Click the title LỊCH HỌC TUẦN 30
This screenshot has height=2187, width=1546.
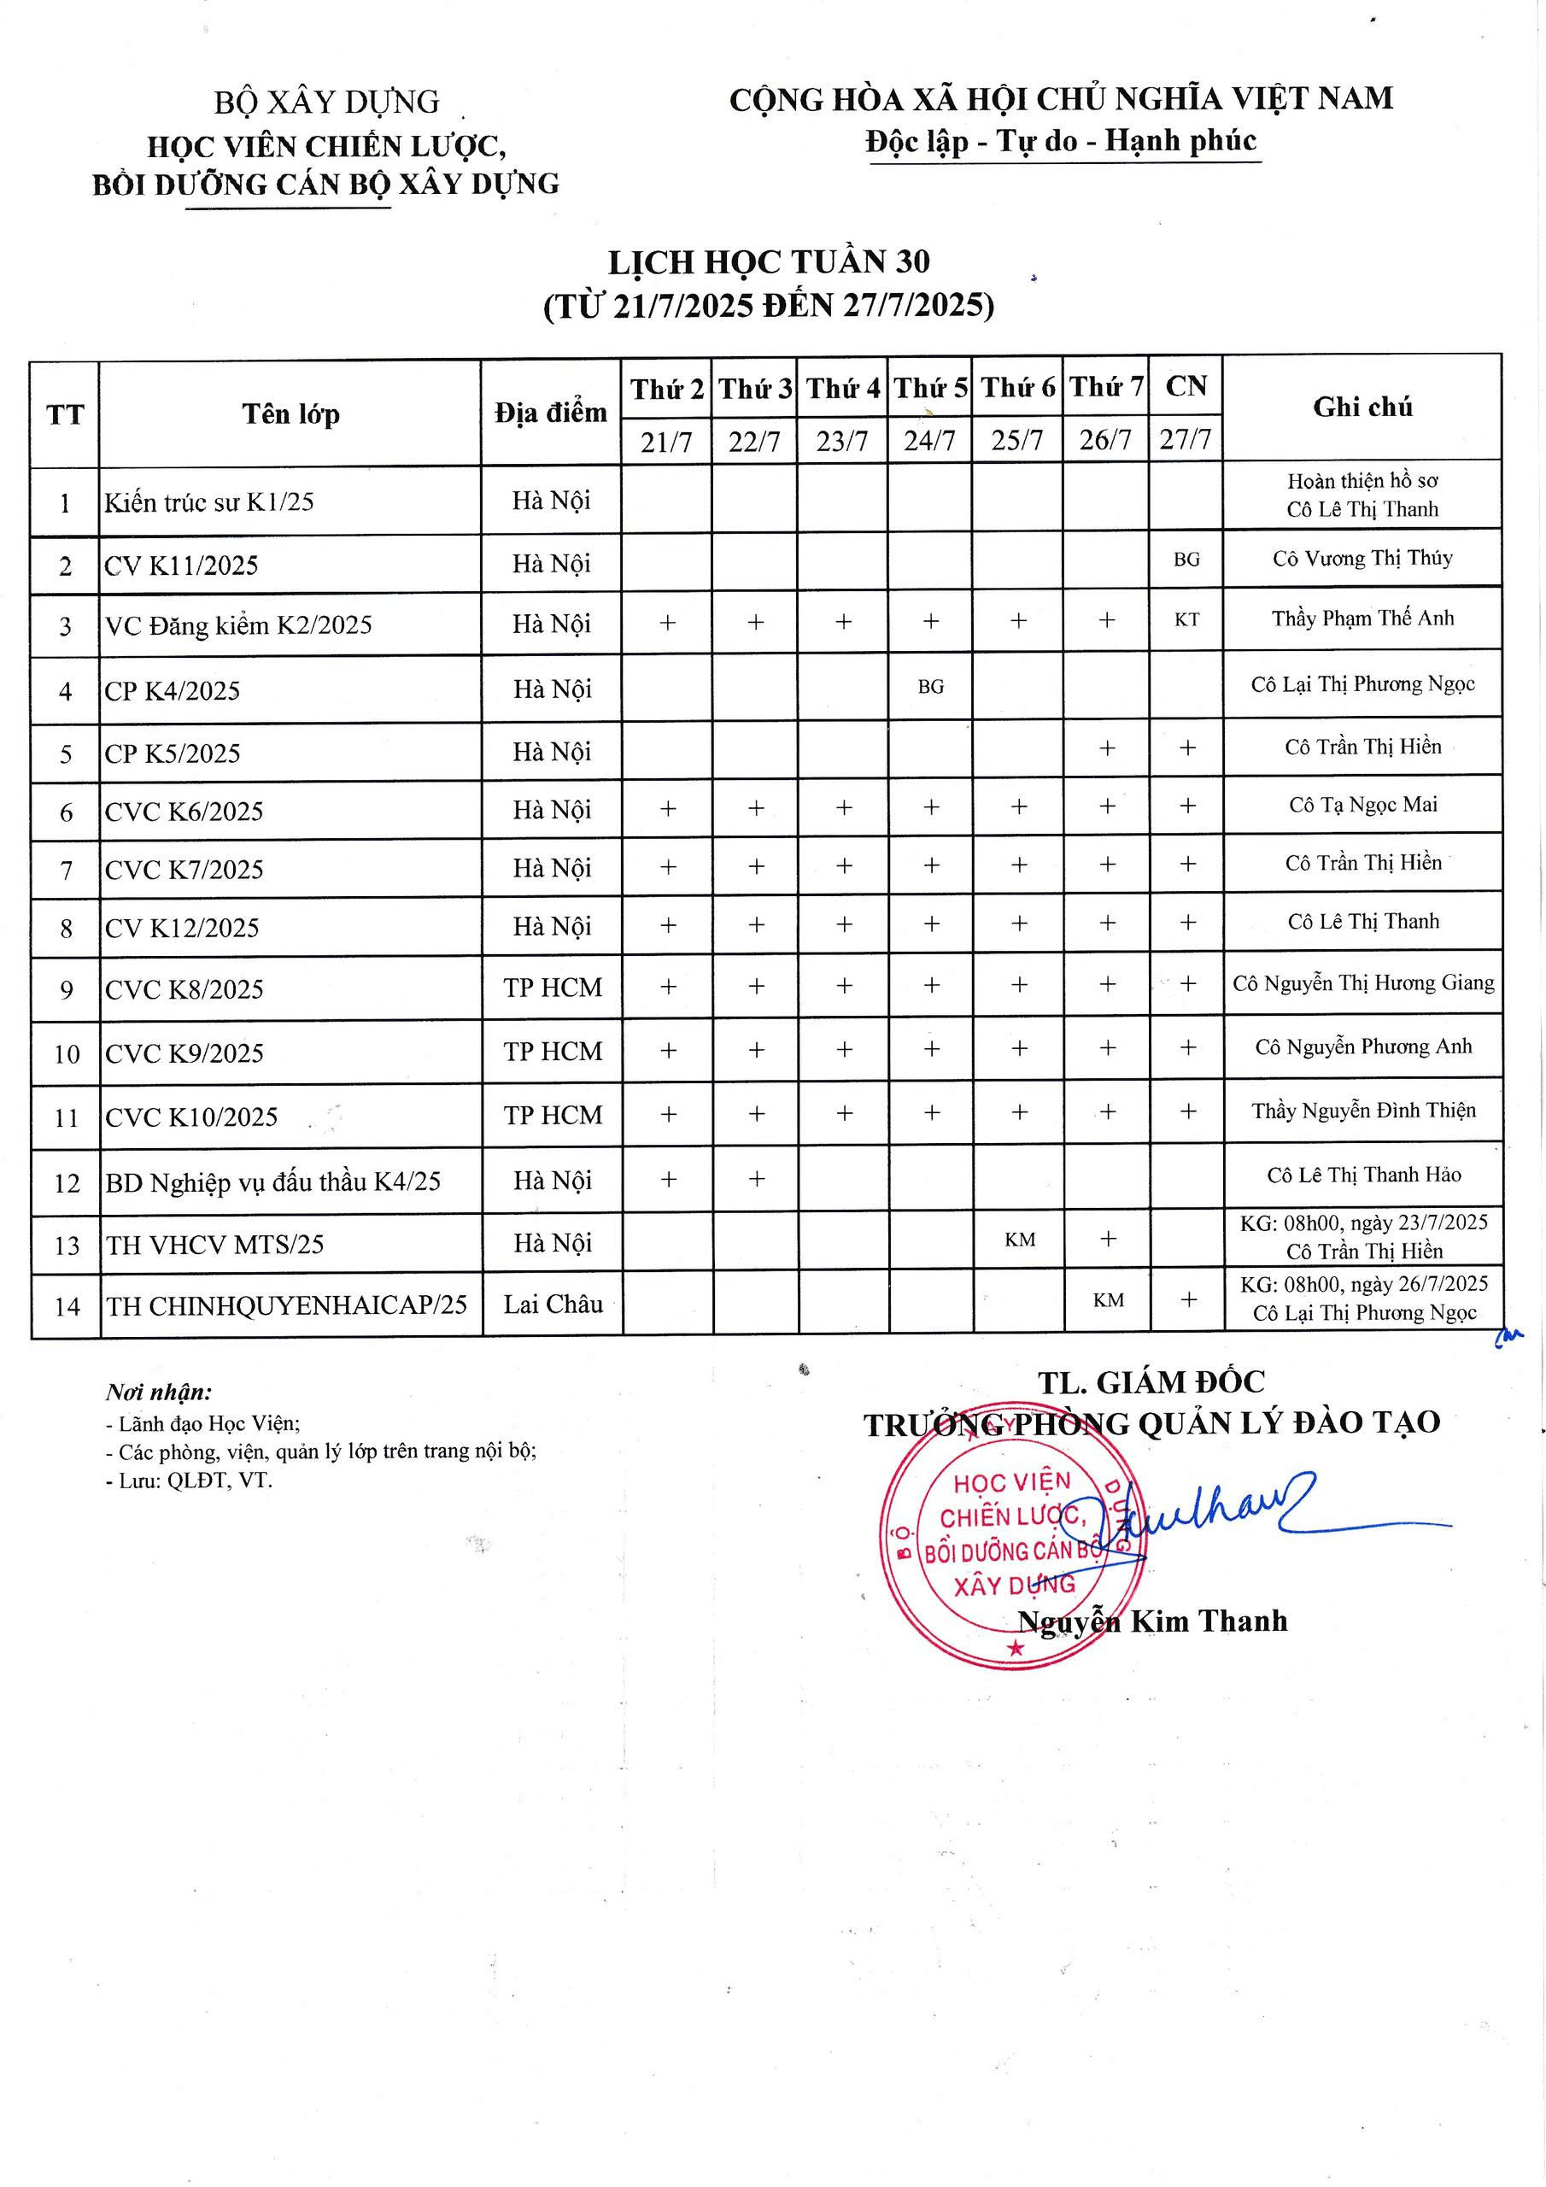(x=770, y=262)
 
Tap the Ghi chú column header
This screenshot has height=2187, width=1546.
(x=1362, y=407)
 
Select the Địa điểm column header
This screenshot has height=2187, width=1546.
(x=551, y=413)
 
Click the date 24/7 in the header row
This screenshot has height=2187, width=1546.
(x=929, y=441)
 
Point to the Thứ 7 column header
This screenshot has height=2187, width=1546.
(x=1106, y=388)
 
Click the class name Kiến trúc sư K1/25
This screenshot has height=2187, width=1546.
(x=209, y=502)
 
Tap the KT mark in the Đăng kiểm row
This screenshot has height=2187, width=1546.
(x=1186, y=620)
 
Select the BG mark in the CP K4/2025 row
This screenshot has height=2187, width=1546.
(x=931, y=687)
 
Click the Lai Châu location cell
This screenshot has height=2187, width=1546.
(x=553, y=1304)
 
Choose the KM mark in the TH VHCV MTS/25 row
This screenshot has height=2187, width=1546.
(x=1019, y=1240)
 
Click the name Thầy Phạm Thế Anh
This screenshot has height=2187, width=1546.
(x=1362, y=619)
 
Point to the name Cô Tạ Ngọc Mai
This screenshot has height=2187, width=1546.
(x=1362, y=805)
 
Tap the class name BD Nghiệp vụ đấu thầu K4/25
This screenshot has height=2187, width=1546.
(x=273, y=1182)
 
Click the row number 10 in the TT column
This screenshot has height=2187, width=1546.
(x=66, y=1054)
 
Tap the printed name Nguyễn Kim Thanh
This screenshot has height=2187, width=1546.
(x=1152, y=1621)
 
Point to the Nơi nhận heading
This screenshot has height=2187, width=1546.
(x=159, y=1393)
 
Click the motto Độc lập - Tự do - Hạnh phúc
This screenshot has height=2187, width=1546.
(x=1061, y=142)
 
